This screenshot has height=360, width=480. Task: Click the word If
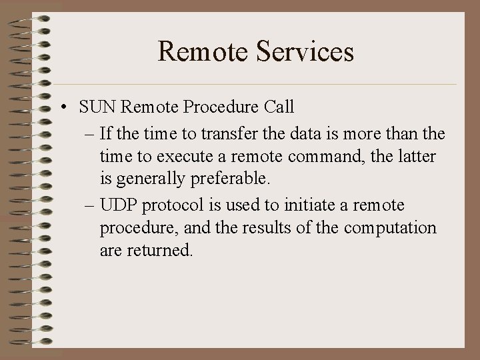(x=105, y=134)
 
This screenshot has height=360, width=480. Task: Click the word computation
(x=390, y=227)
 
